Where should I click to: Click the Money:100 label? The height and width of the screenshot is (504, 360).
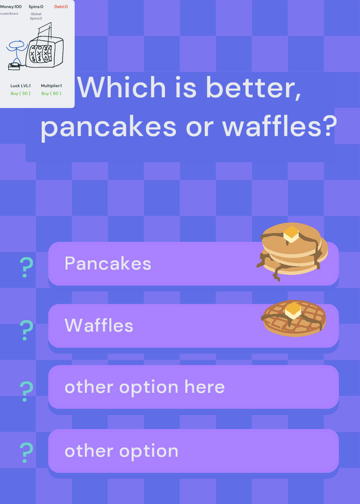[11, 6]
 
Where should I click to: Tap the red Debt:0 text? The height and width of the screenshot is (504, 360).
[61, 6]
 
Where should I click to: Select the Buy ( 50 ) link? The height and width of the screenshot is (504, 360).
[21, 93]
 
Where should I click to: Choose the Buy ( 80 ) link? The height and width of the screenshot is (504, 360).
[51, 93]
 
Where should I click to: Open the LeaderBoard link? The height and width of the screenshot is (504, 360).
[9, 13]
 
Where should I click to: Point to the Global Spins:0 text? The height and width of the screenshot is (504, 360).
[36, 16]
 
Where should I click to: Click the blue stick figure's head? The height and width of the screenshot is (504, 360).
[15, 44]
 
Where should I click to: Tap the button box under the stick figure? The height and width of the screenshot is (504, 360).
[14, 66]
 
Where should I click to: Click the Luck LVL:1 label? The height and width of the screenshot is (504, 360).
[21, 86]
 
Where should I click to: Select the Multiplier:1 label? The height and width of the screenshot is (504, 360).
[52, 86]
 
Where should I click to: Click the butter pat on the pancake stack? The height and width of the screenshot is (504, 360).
[291, 234]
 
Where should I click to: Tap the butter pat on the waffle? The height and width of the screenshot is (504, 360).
[293, 310]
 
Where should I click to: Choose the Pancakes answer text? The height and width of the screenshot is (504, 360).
[108, 263]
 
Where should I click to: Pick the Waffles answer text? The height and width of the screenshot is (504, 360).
[99, 325]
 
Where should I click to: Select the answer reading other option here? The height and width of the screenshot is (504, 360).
[194, 387]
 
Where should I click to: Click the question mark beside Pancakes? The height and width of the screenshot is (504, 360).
[26, 267]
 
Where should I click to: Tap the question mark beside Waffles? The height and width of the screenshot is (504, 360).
[26, 330]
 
